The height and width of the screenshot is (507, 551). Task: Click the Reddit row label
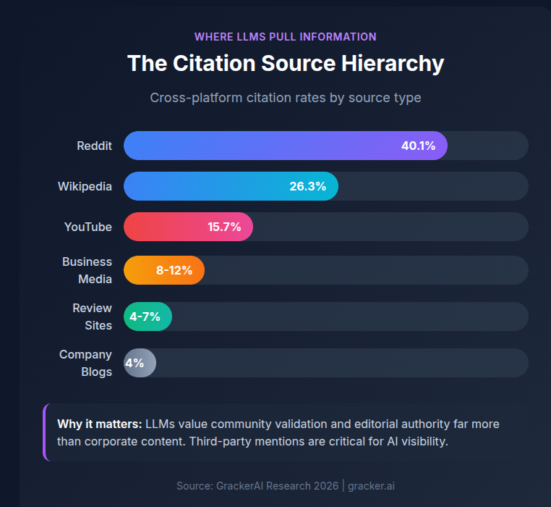94,146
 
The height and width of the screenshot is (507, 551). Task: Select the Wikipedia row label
85,186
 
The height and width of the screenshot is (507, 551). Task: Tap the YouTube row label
87,227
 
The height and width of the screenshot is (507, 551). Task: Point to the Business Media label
87,270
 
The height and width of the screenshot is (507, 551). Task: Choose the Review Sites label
92,317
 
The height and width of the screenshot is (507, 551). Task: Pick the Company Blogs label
85,363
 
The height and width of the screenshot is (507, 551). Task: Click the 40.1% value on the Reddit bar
418,146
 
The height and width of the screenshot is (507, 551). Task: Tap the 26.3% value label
307,186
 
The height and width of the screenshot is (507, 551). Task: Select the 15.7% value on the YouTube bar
224,227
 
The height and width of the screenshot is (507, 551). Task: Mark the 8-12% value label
174,270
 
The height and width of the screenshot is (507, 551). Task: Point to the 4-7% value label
145,317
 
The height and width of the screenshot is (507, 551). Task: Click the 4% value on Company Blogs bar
134,363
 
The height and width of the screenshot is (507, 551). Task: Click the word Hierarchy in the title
392,63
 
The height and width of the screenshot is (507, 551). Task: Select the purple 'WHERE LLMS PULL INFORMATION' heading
285,36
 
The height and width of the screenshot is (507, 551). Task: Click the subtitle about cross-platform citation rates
285,97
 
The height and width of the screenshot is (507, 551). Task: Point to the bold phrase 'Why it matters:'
99,424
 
